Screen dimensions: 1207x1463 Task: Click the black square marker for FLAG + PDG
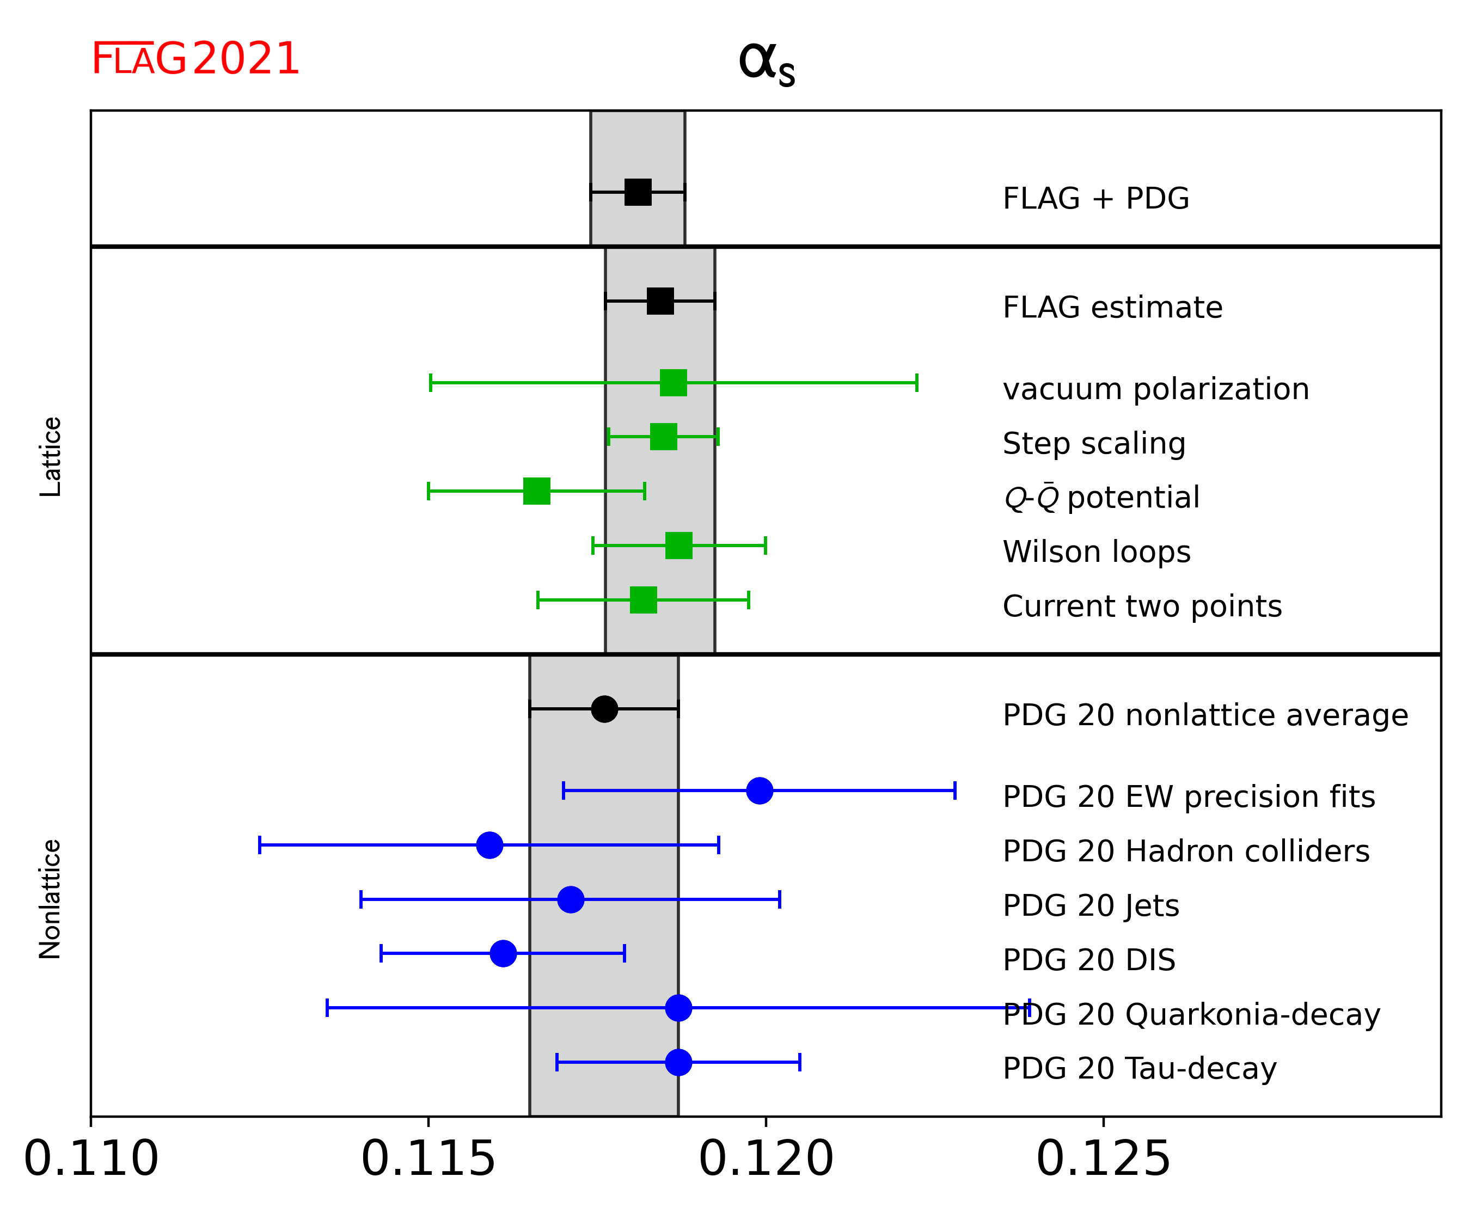click(x=638, y=192)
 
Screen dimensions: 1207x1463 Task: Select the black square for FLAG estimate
click(x=660, y=301)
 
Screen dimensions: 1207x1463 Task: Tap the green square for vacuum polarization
click(x=673, y=382)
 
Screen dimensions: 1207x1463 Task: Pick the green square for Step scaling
click(x=663, y=437)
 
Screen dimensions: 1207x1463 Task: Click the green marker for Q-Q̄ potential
click(x=537, y=491)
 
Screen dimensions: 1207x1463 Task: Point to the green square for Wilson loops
click(x=678, y=545)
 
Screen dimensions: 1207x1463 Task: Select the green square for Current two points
click(x=643, y=599)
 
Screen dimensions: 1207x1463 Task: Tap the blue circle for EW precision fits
click(x=760, y=791)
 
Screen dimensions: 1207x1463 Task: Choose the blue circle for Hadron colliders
click(x=489, y=845)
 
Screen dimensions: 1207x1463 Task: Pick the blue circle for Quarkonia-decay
click(x=678, y=1007)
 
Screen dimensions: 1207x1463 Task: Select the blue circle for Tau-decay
click(x=678, y=1062)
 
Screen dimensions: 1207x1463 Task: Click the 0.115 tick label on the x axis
click(x=429, y=1159)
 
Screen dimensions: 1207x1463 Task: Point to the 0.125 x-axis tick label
click(x=1104, y=1159)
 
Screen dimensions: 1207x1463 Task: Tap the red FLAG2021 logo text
click(x=195, y=59)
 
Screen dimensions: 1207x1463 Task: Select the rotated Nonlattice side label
click(x=51, y=899)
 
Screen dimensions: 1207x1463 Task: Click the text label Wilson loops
click(x=1097, y=552)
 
